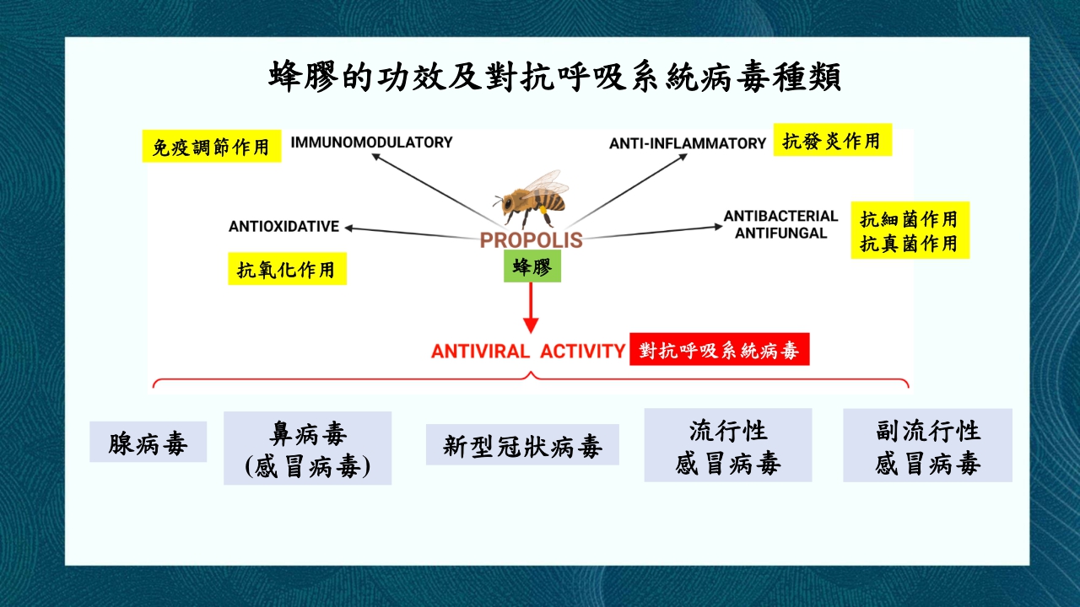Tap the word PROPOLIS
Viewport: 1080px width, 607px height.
[531, 240]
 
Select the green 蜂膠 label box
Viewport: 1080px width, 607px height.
[532, 266]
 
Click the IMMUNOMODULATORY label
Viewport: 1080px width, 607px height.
[371, 142]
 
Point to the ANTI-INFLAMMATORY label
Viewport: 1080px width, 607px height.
[687, 143]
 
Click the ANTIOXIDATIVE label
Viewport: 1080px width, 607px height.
[283, 227]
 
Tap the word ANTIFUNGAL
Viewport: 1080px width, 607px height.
[780, 233]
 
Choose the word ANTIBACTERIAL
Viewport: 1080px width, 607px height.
[780, 216]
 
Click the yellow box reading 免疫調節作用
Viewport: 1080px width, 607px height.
[211, 147]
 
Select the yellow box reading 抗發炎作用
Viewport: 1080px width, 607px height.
[832, 141]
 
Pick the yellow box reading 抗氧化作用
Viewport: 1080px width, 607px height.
[287, 270]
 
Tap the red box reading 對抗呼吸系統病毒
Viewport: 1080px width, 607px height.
[719, 350]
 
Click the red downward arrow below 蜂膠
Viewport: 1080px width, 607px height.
[531, 308]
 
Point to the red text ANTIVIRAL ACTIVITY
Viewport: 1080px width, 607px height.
[527, 351]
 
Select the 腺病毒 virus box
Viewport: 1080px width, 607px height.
[148, 443]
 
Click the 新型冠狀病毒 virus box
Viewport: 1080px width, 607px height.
[522, 445]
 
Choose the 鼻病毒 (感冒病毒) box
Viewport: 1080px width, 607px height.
[307, 449]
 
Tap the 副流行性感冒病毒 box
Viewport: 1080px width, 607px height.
[927, 446]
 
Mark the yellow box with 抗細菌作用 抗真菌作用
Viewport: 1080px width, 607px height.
[909, 230]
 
